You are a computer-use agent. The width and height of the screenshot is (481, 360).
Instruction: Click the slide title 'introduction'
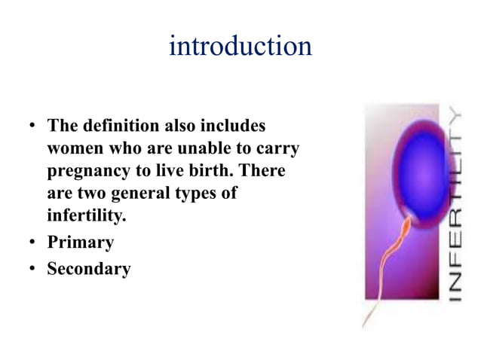point(240,47)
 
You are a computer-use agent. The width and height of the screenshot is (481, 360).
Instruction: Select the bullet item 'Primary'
point(80,243)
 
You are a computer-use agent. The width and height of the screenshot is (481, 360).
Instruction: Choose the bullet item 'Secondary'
point(88,267)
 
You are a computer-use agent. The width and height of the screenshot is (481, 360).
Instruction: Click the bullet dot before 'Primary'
point(33,243)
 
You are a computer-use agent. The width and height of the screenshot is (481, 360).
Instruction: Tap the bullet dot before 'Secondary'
point(33,268)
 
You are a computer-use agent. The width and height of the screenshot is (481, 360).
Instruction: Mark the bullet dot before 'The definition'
point(33,124)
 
